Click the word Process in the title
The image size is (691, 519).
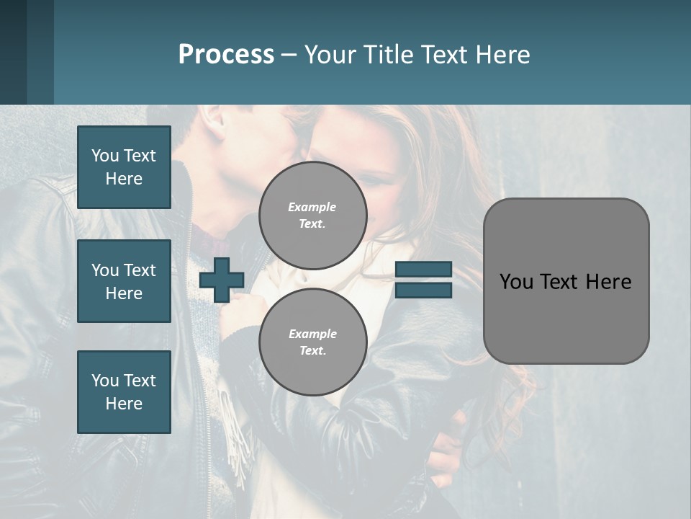[x=226, y=55]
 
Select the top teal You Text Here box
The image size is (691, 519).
[x=124, y=167]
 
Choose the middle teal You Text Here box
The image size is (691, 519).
[x=124, y=281]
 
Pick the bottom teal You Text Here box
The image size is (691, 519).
[x=124, y=392]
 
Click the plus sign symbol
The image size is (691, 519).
[x=221, y=280]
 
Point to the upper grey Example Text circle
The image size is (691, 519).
[x=312, y=216]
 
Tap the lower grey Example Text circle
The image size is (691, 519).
[x=312, y=342]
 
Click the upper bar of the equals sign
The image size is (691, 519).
[x=423, y=269]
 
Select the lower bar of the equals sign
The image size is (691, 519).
[x=423, y=290]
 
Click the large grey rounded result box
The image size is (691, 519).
[x=566, y=281]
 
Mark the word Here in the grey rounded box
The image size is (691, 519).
[x=608, y=282]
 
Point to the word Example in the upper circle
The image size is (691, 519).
[x=312, y=207]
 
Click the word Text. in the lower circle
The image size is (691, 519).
[x=312, y=351]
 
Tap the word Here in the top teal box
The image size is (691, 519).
[x=124, y=179]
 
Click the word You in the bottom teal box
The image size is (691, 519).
[x=104, y=381]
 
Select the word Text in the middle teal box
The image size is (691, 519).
[x=140, y=270]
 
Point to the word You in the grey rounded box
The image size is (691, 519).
[x=516, y=282]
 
